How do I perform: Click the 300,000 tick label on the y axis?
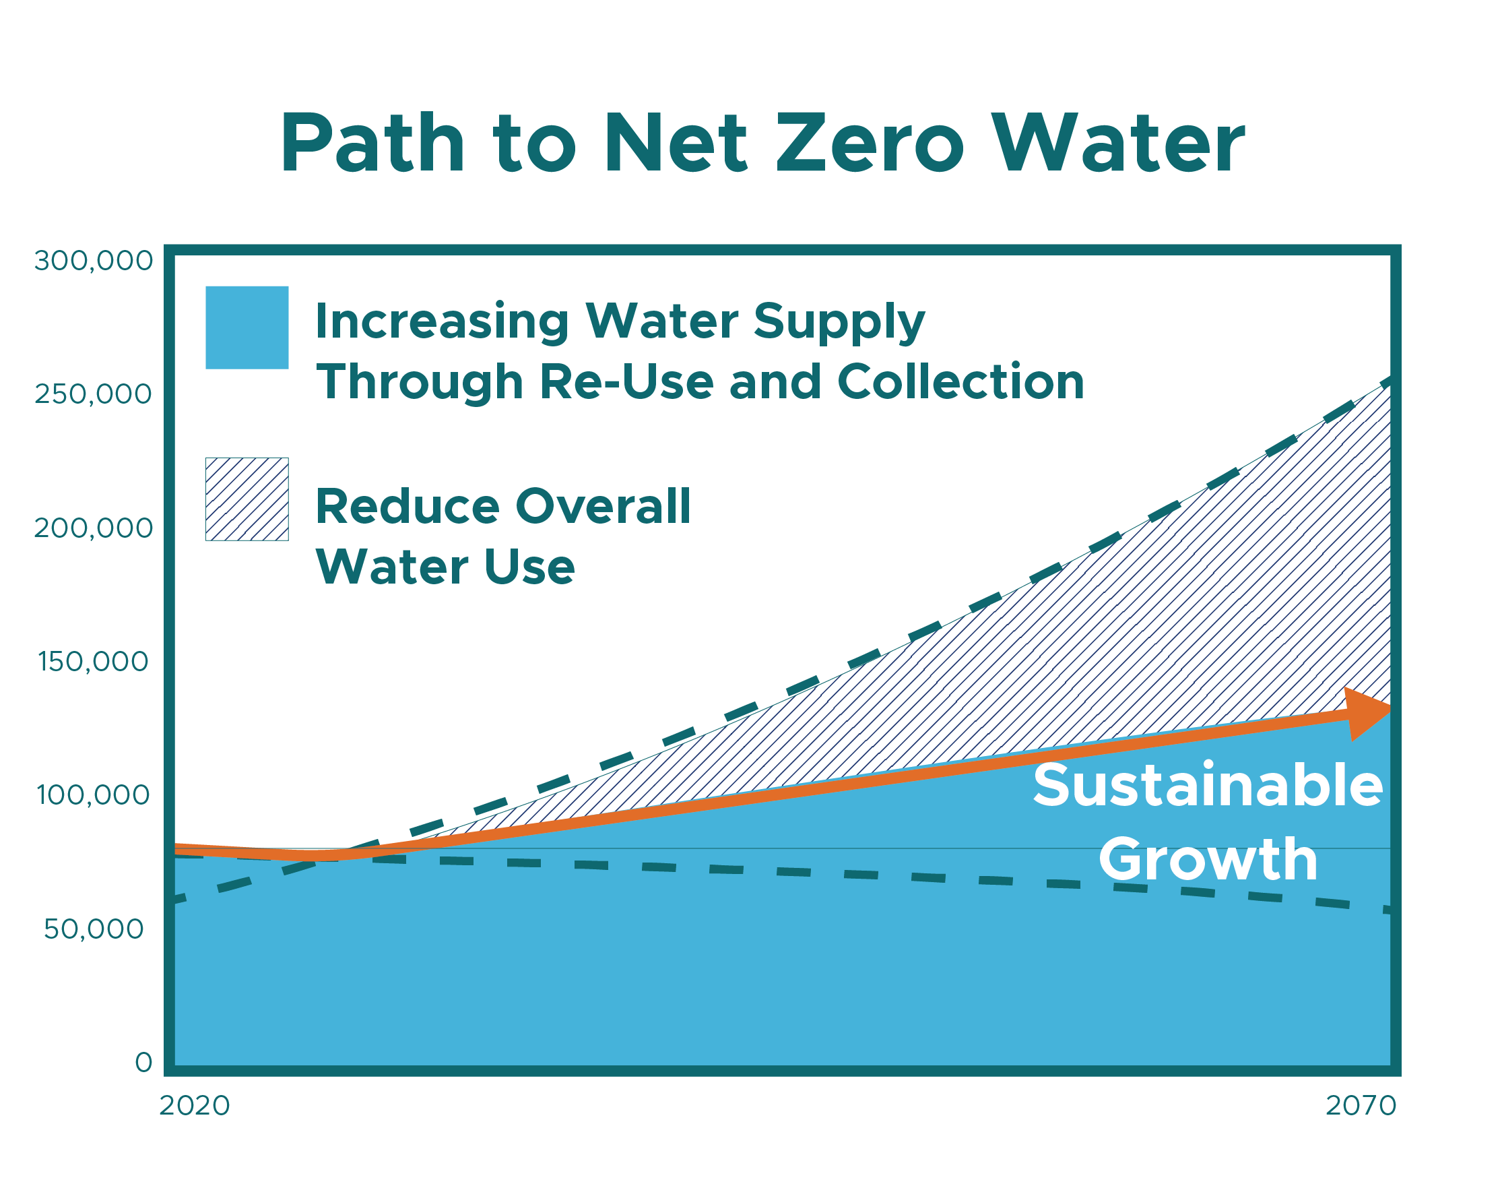point(93,261)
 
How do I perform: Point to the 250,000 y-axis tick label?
point(93,394)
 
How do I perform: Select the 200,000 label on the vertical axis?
point(93,528)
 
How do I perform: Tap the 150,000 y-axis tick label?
point(93,662)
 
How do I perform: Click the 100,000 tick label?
point(93,795)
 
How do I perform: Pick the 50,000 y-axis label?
point(94,929)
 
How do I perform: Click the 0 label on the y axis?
point(143,1063)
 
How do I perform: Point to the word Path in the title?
point(372,144)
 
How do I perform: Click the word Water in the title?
point(1117,144)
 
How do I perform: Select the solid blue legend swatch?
point(247,327)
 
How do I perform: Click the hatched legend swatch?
point(247,499)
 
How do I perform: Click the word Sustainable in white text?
point(1208,785)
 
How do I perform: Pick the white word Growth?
point(1208,860)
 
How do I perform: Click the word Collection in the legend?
point(960,382)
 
